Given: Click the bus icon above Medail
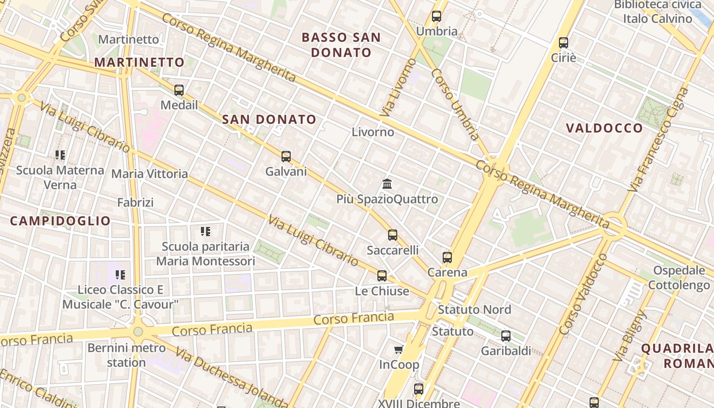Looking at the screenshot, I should [178, 90].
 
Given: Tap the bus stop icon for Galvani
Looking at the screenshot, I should [286, 157].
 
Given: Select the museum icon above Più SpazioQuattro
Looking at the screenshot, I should [387, 184].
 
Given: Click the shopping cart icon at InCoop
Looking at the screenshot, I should [399, 349].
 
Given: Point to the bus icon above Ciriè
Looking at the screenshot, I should [564, 43].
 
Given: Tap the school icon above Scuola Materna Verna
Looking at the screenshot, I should [60, 155].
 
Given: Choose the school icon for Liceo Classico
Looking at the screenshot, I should [120, 275].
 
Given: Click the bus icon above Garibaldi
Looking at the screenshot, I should [506, 336].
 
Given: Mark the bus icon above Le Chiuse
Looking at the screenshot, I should [382, 276].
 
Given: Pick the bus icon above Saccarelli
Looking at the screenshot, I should [393, 235].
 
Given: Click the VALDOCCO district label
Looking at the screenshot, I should [604, 128].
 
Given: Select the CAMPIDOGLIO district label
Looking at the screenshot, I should [60, 221].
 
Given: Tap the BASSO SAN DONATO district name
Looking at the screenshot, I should [341, 45].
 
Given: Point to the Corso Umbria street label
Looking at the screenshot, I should [455, 105].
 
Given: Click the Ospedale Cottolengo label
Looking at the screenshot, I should [678, 278].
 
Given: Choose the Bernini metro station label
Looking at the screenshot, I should [126, 355].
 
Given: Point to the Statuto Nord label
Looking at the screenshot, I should [474, 310].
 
